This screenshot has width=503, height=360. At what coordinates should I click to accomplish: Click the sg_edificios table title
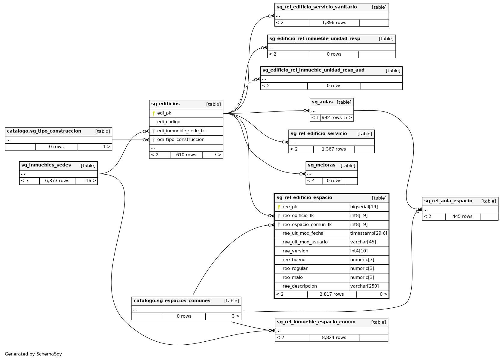165,104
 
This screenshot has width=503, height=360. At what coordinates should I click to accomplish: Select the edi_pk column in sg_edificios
164,113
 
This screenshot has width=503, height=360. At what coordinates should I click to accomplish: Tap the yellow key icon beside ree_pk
279,207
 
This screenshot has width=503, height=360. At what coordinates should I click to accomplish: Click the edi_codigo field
169,122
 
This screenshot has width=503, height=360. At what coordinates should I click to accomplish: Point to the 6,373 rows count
57,181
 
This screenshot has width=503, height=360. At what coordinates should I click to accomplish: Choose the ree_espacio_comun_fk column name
307,224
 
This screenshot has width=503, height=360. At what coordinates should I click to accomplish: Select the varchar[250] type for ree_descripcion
364,286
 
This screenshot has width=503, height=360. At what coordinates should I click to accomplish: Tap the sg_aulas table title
322,102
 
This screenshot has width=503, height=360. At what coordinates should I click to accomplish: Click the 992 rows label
332,117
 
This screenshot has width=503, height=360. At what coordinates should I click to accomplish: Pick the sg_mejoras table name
321,165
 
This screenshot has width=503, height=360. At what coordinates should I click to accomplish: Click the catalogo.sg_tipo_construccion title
44,131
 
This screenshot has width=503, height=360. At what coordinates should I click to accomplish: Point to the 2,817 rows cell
332,294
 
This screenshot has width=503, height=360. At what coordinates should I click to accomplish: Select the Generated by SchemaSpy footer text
33,354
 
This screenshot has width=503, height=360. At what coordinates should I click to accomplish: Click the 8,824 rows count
334,337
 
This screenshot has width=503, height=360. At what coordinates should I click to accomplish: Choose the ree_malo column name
293,277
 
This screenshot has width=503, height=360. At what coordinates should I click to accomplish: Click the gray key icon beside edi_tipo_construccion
153,139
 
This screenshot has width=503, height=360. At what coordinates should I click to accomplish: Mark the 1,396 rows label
334,23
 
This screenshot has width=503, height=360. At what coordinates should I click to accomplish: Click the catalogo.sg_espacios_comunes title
172,301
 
